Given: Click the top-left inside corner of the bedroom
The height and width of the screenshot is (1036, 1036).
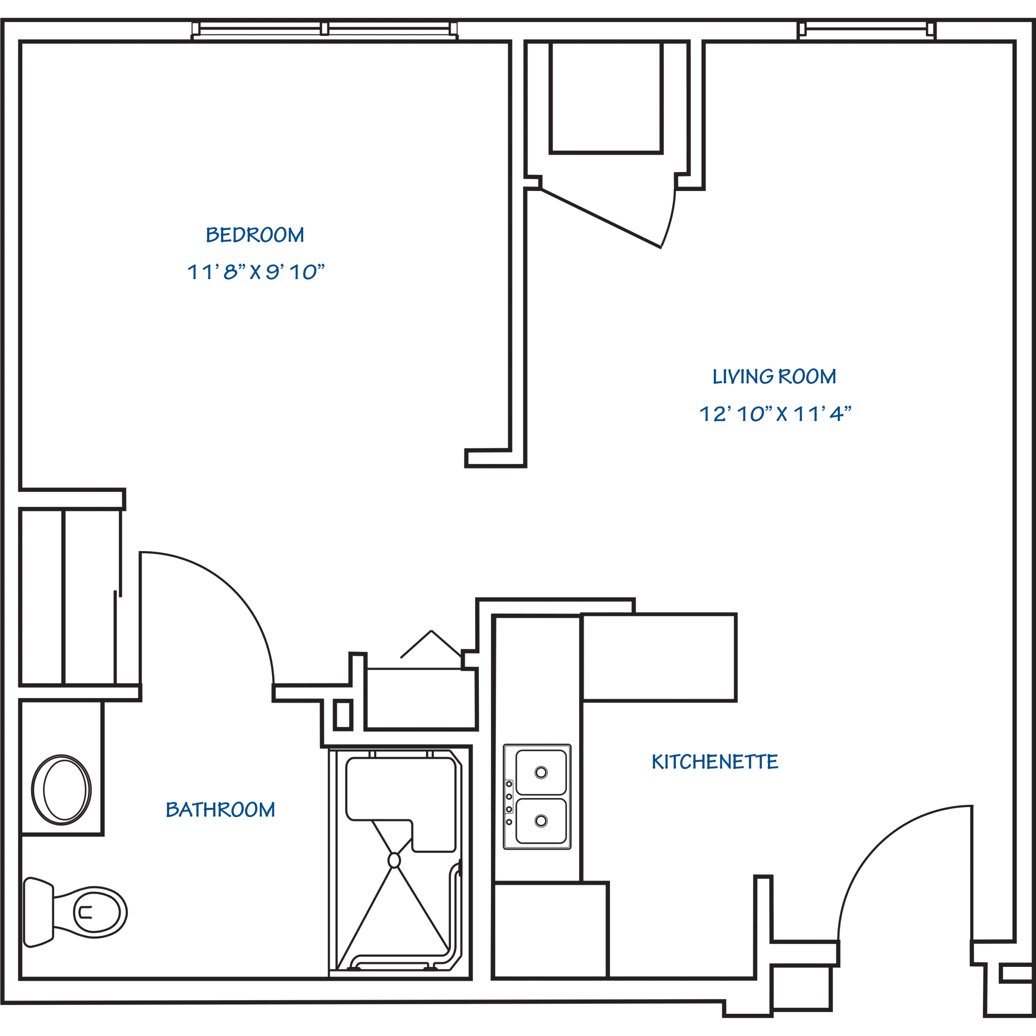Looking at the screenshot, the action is pos(22,43).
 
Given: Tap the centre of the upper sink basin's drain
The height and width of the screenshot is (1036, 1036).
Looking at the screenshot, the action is pos(541,773).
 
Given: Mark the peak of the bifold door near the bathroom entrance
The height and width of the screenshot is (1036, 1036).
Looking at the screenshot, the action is pos(431,631).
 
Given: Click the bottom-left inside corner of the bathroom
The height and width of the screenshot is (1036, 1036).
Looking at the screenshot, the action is pos(22,977).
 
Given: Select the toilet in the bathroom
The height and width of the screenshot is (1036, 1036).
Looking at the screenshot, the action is pos(76,912).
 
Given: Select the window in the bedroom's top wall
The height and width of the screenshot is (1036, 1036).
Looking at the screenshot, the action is pos(325,30).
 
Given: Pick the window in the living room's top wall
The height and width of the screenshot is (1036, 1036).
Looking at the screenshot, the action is pos(866,30).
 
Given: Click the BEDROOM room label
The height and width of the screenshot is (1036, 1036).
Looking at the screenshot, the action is pos(255,234).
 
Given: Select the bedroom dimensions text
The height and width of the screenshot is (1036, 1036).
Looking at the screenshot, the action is pos(256,271).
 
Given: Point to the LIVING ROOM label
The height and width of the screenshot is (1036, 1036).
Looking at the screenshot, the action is pos(774,376).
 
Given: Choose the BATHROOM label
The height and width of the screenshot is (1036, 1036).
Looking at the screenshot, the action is pos(221,809).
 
